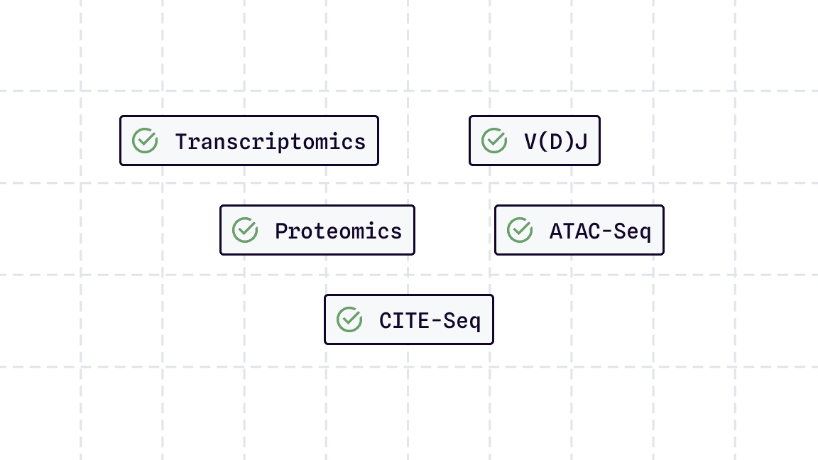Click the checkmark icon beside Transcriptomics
coord(145,141)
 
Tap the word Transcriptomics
coord(271,141)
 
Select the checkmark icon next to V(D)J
coord(493,141)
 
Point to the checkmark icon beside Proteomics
coord(245,230)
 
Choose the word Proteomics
coord(338,231)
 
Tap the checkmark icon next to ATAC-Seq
coord(520,230)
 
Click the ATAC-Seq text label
coord(600,231)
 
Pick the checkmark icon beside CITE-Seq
coord(349,319)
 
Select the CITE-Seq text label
coord(430,320)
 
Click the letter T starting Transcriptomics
coord(181,141)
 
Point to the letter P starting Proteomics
coord(281,231)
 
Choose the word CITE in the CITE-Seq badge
coord(404,320)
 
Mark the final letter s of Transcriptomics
coord(360,142)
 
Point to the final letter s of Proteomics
coord(396,231)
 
